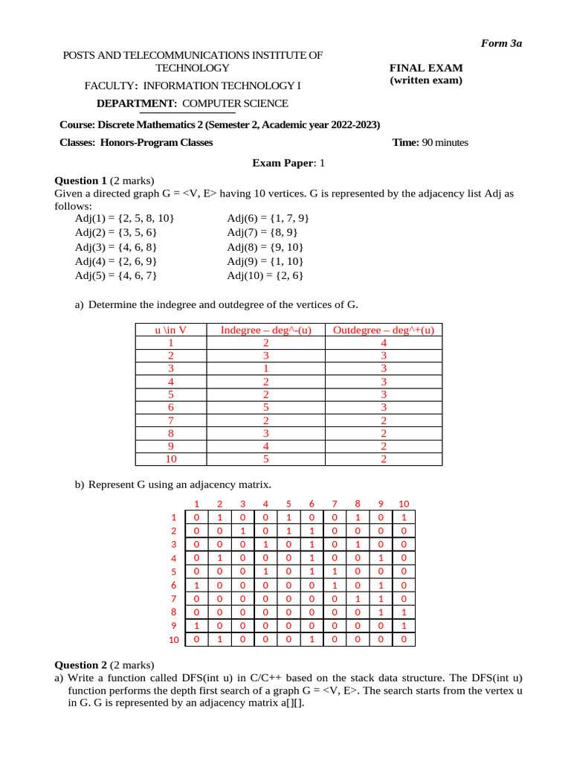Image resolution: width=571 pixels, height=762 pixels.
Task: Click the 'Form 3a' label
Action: [501, 43]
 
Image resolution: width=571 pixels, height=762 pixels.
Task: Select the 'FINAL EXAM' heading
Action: [426, 67]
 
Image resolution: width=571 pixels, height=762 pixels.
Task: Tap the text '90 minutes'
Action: [445, 142]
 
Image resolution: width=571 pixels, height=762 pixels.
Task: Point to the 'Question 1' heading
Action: [82, 180]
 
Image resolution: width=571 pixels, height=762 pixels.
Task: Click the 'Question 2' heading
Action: [82, 664]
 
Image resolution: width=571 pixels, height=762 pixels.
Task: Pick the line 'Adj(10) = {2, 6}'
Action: [264, 275]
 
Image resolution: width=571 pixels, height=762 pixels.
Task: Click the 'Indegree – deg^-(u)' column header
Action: [266, 330]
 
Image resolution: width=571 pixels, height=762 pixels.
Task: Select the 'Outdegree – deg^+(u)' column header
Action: [383, 330]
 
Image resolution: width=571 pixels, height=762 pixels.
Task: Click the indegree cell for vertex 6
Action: [266, 407]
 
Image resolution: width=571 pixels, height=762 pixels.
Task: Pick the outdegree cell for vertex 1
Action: [383, 343]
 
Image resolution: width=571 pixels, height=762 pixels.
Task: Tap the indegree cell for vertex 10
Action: [266, 458]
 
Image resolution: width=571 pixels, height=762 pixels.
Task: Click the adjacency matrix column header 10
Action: [404, 504]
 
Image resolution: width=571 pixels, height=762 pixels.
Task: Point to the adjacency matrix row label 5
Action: [173, 571]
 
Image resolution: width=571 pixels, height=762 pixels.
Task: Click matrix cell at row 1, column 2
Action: [219, 517]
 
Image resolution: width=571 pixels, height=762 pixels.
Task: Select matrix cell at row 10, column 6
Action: [312, 638]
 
